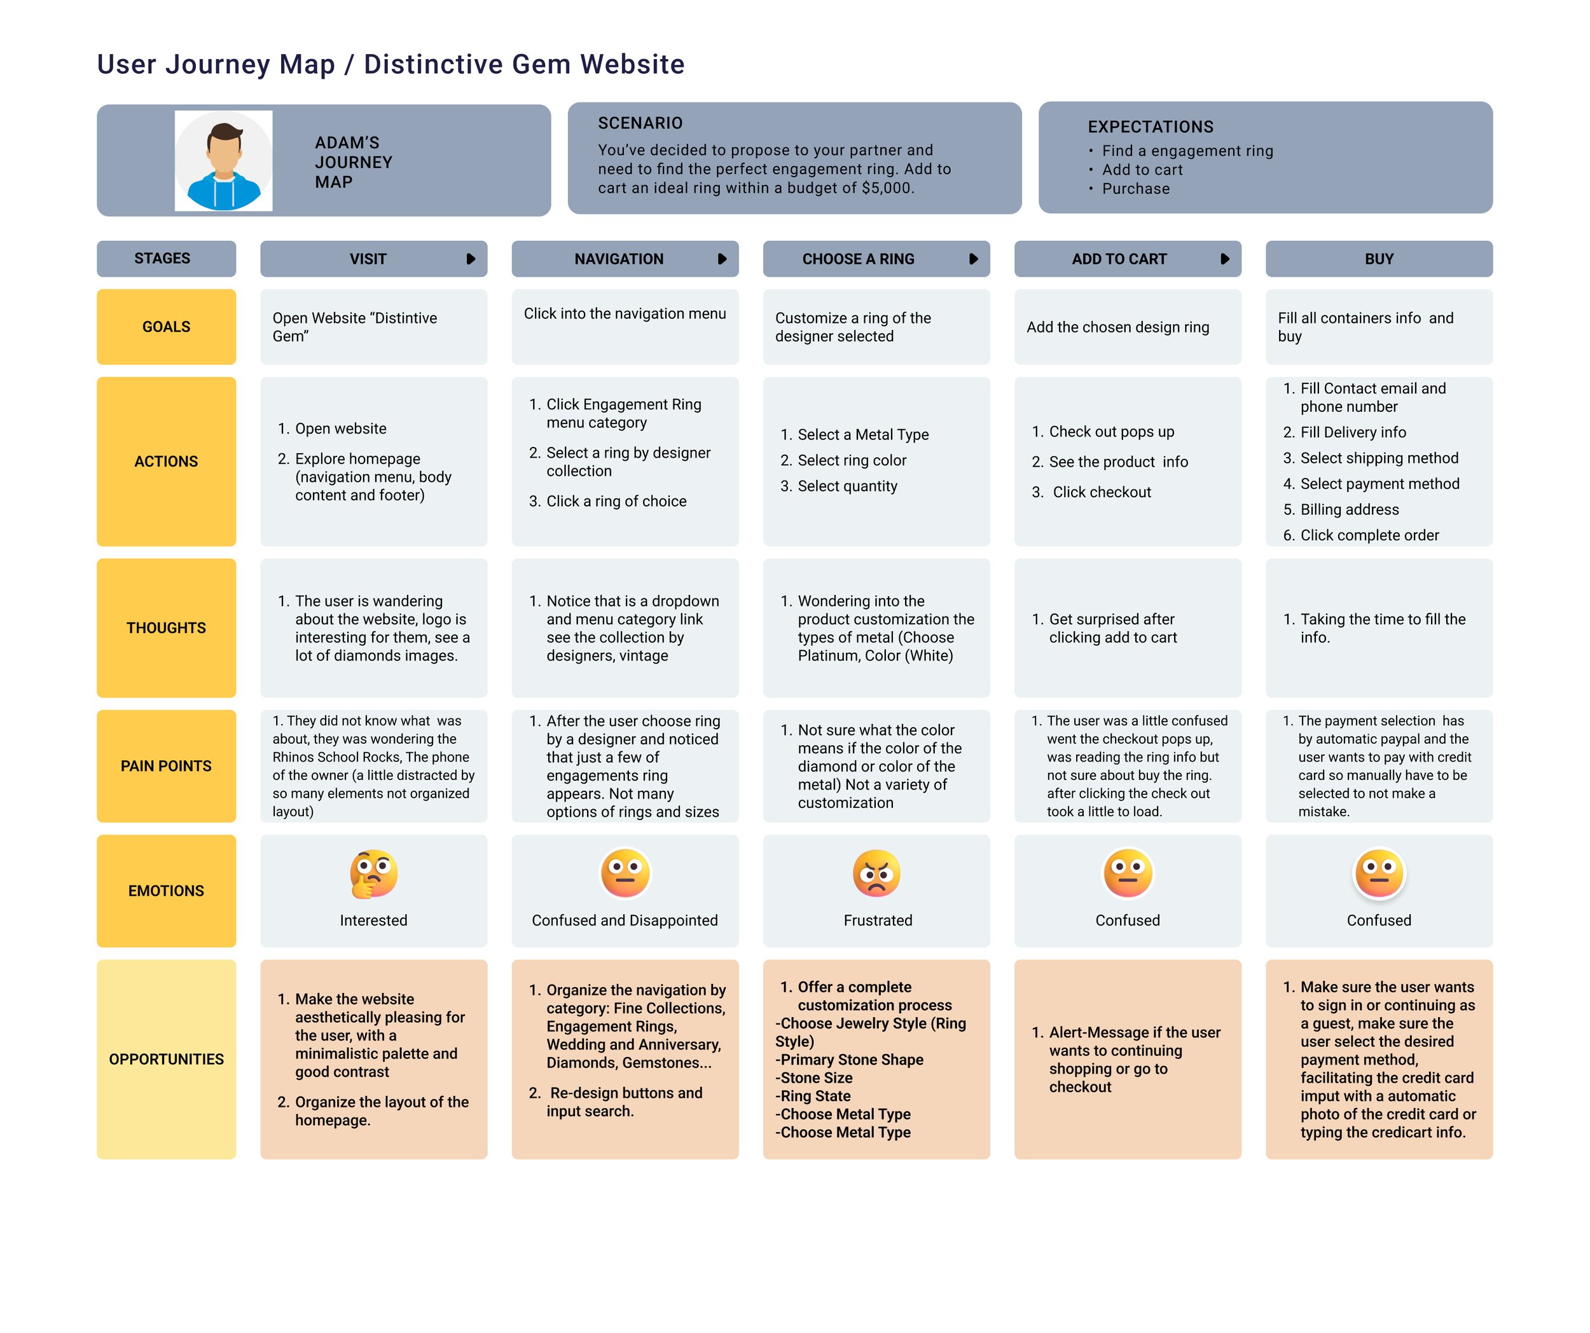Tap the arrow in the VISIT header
tap(471, 259)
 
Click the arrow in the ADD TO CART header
tap(1225, 259)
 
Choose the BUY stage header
tap(1379, 259)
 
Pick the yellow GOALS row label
tap(166, 327)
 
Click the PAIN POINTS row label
tap(166, 766)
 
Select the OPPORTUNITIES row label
tap(166, 1059)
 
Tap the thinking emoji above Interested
tap(373, 873)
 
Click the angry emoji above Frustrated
tap(877, 873)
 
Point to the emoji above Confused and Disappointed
tap(625, 873)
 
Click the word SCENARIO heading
tap(640, 123)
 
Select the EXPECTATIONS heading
tap(1150, 127)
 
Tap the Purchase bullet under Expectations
tap(1135, 189)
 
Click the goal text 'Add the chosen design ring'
tap(1117, 327)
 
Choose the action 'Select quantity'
tap(847, 486)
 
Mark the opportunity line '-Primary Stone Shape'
tap(849, 1060)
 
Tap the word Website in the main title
tap(632, 64)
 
